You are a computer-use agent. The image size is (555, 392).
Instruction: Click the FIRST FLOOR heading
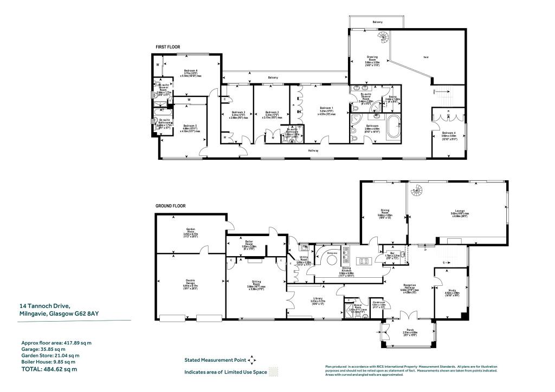point(167,47)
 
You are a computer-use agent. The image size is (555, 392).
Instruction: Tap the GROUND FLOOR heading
point(170,206)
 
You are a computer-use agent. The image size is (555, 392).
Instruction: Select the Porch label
point(407,331)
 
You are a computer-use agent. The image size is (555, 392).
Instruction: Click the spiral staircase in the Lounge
point(418,191)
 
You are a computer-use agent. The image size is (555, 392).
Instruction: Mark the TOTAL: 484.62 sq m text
point(49,369)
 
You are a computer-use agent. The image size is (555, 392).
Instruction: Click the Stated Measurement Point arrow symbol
point(253,360)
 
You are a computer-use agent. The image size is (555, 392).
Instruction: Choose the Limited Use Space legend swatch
point(276,372)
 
